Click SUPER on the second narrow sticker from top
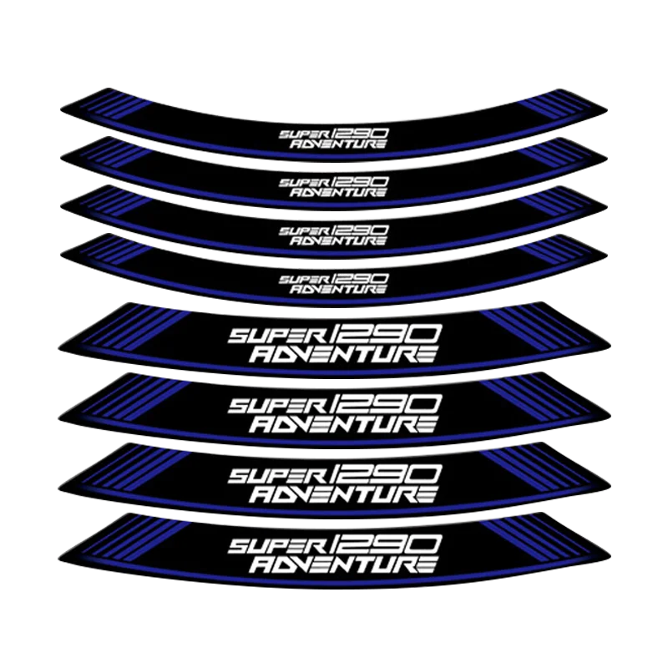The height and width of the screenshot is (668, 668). point(301,181)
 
